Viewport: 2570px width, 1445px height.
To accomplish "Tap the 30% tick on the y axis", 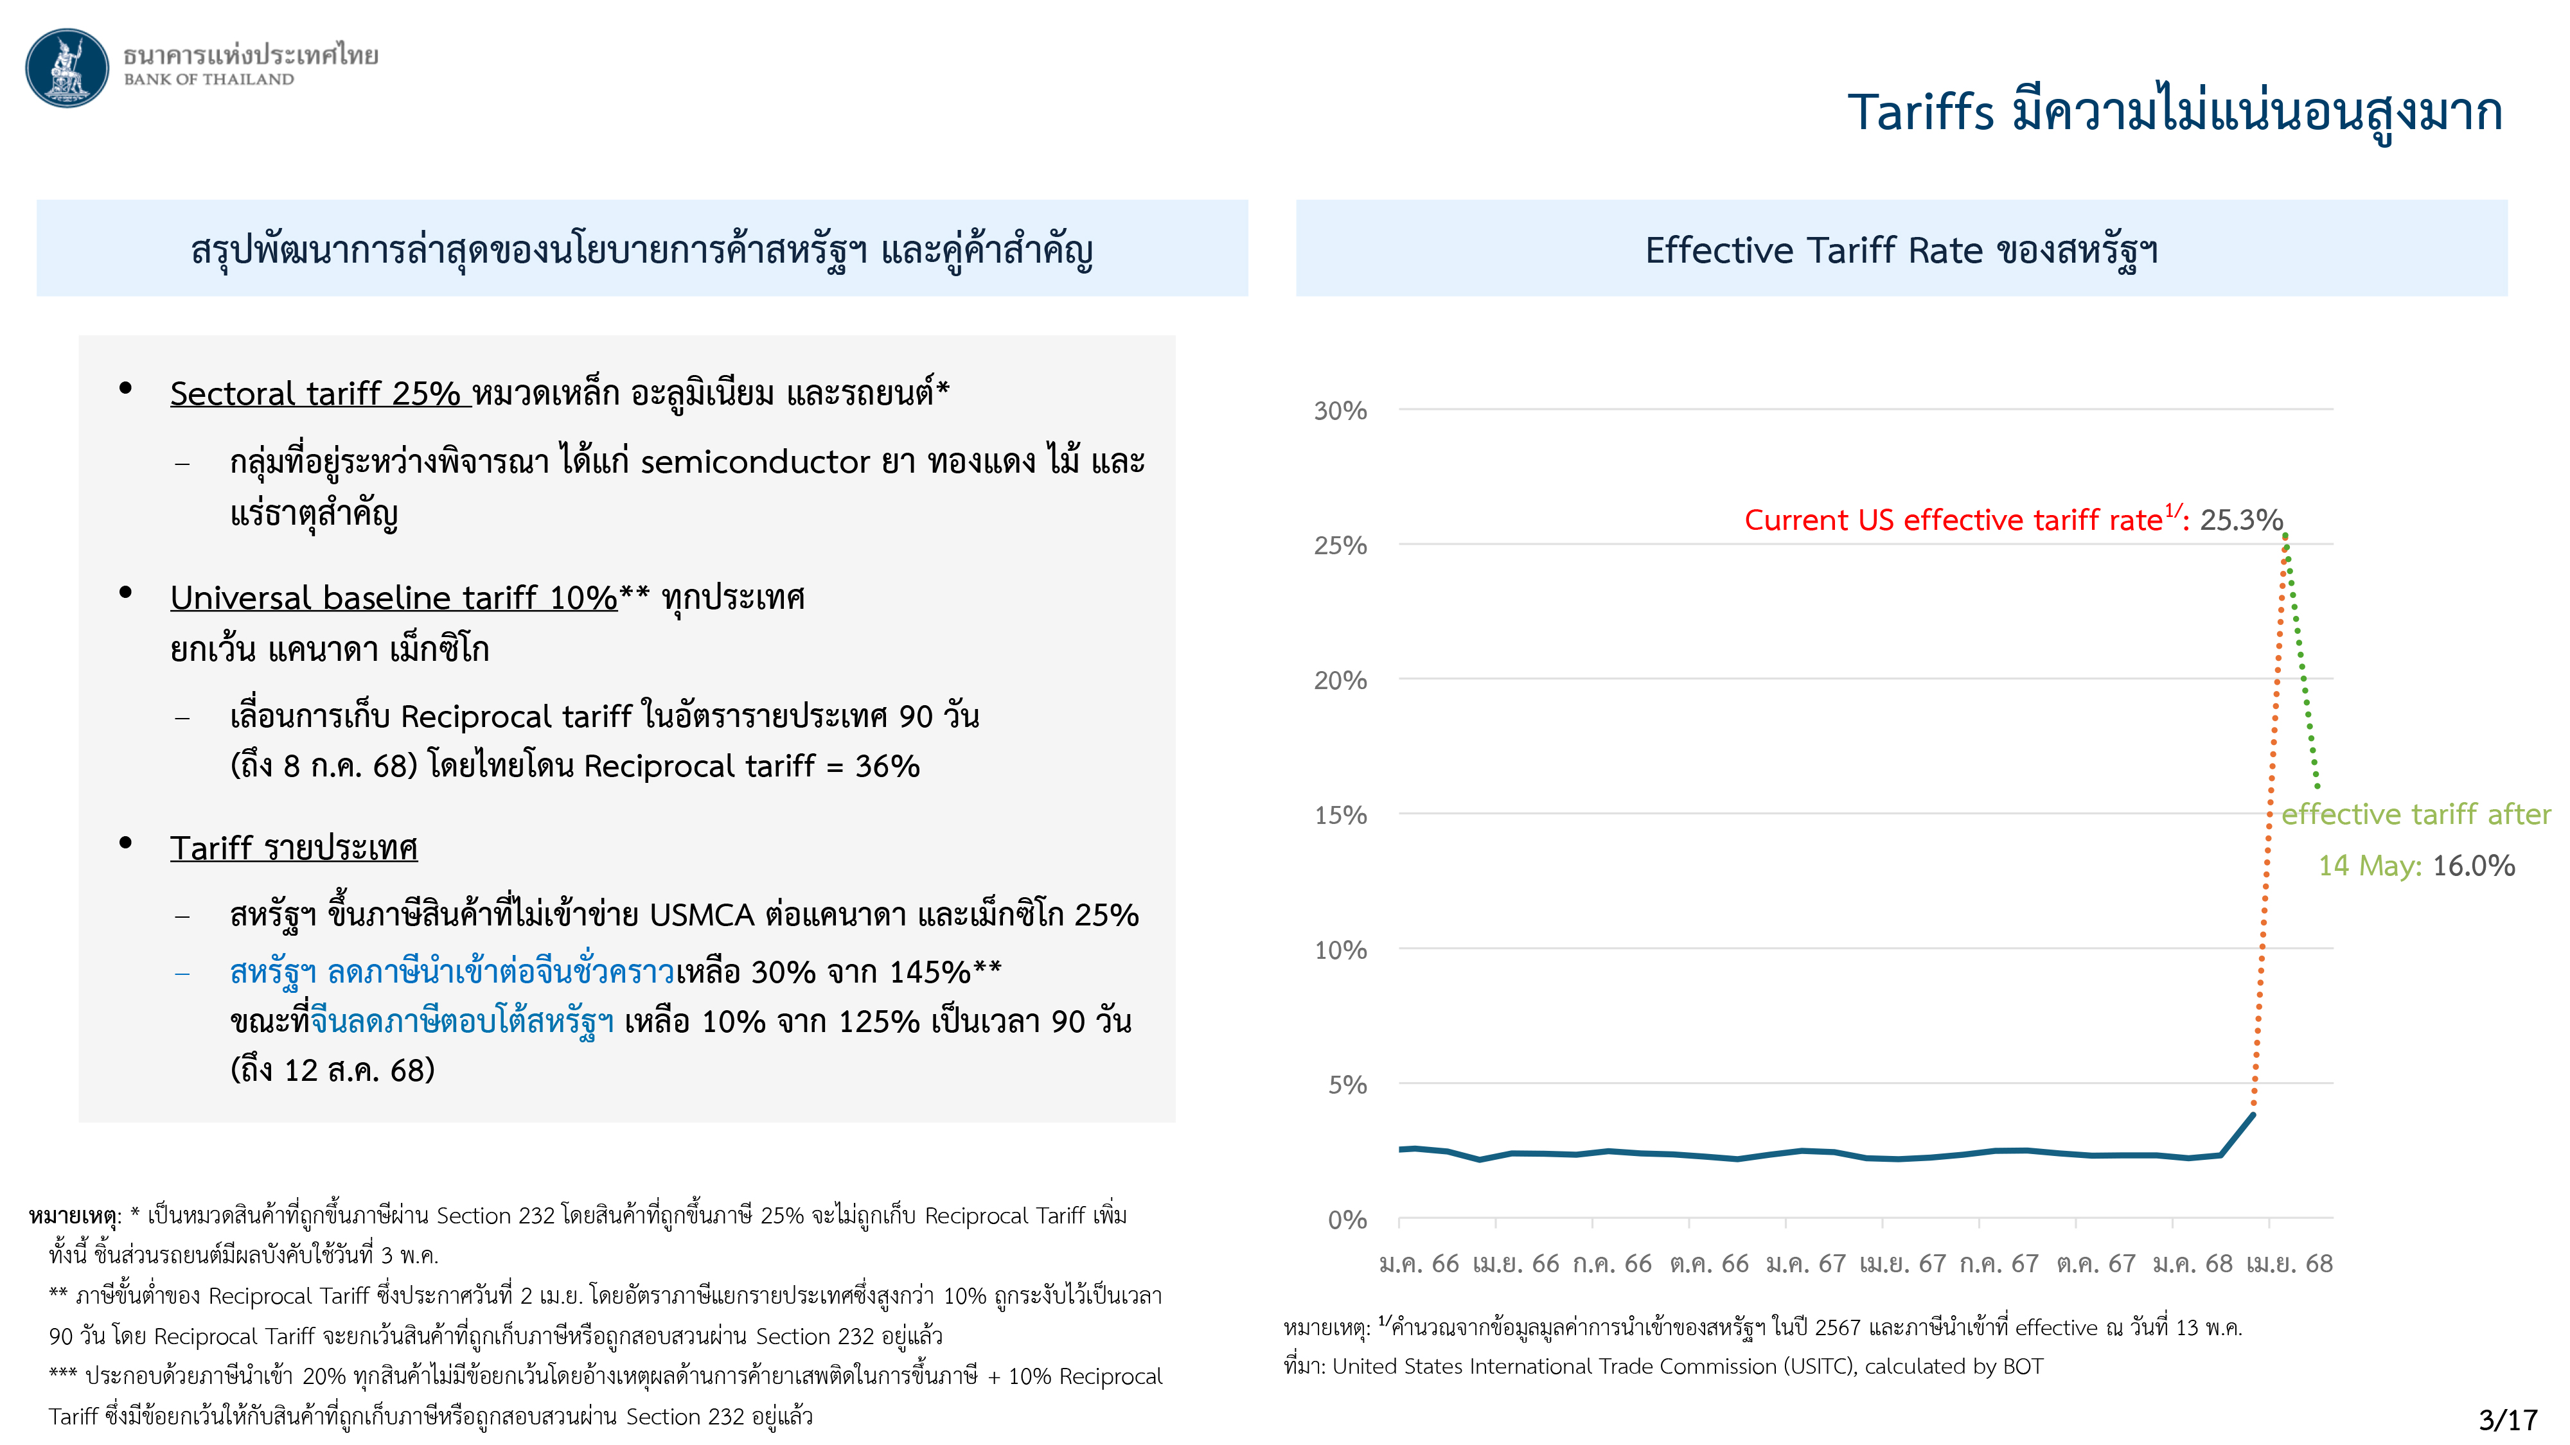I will (1340, 411).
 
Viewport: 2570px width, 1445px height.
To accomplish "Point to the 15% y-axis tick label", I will (1340, 816).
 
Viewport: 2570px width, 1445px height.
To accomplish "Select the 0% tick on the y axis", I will (1346, 1220).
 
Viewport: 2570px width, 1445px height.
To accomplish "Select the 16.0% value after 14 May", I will (2473, 866).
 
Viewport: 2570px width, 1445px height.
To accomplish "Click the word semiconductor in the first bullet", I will (755, 462).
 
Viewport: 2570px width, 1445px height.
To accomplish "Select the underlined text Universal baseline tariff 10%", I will (393, 599).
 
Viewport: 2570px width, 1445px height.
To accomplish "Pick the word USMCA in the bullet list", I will (702, 915).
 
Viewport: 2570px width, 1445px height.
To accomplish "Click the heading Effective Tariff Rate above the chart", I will (1812, 250).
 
